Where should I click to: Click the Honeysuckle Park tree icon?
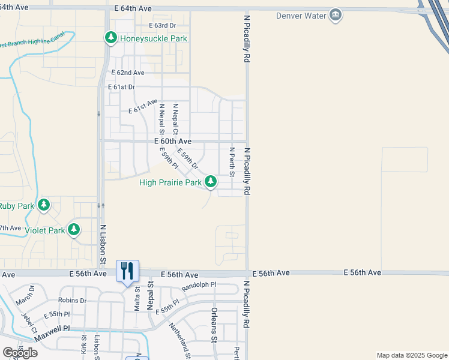pyautogui.click(x=111, y=38)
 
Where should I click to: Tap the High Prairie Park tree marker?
pyautogui.click(x=211, y=181)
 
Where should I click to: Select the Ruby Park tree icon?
pyautogui.click(x=44, y=205)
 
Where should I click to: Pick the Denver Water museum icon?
pyautogui.click(x=336, y=16)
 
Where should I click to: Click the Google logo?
pyautogui.click(x=19, y=353)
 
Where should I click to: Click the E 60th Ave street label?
pyautogui.click(x=173, y=141)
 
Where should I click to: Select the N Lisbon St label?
pyautogui.click(x=103, y=245)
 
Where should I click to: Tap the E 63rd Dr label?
pyautogui.click(x=162, y=26)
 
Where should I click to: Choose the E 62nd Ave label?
pyautogui.click(x=128, y=73)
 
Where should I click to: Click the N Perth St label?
pyautogui.click(x=232, y=162)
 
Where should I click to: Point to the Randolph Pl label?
pyautogui.click(x=199, y=286)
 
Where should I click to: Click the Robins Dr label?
pyautogui.click(x=73, y=300)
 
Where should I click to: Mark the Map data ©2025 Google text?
pyautogui.click(x=412, y=355)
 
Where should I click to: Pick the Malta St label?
pyautogui.click(x=137, y=298)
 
